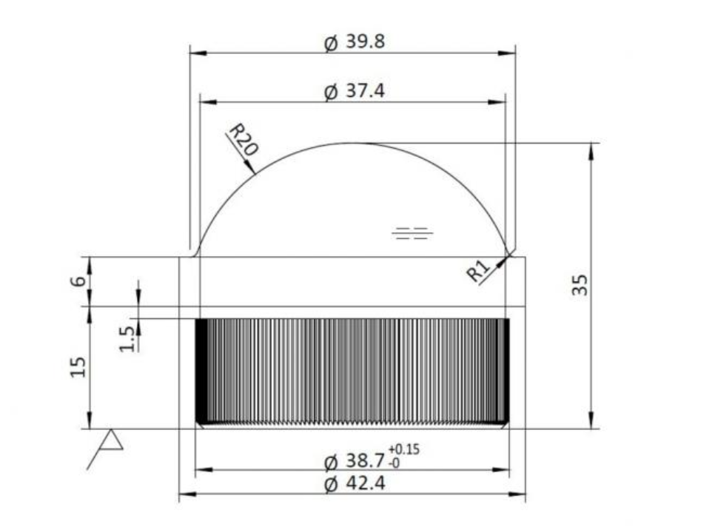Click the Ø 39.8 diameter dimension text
[355, 42]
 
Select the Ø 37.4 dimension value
[355, 91]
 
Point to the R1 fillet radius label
[477, 271]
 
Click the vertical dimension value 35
[580, 285]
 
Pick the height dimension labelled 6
[78, 281]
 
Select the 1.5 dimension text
[127, 338]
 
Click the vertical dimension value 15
[78, 366]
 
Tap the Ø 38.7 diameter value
[355, 461]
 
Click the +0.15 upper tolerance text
[404, 449]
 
